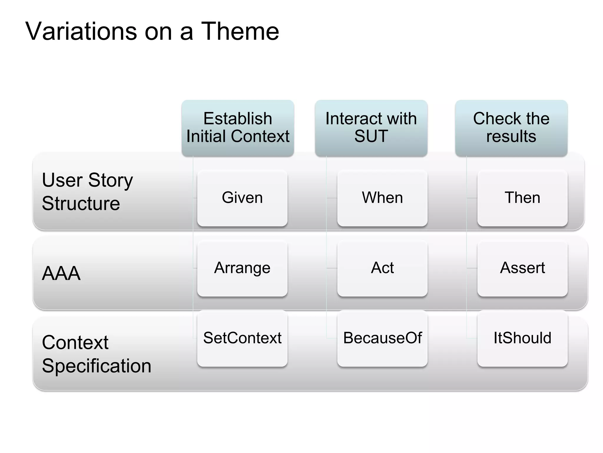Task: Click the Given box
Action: pos(242,198)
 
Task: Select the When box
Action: pos(382,198)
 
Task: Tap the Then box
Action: pos(522,198)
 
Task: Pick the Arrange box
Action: pos(242,268)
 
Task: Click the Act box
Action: pos(382,268)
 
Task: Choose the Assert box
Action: pos(522,268)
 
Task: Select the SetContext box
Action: pos(242,338)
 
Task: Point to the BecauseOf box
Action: pos(382,338)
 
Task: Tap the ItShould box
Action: pos(522,338)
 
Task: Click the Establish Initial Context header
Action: pos(238,128)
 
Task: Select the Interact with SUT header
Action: pos(371,128)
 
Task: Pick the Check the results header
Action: pos(511,128)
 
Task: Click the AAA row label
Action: pos(61,273)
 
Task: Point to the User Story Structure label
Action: pos(87,192)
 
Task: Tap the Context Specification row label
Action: pos(96,354)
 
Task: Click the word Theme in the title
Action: pos(240,31)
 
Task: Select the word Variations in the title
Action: pos(81,31)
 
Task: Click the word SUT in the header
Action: pos(371,137)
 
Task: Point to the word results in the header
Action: pos(511,137)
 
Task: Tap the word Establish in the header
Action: pos(238,119)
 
